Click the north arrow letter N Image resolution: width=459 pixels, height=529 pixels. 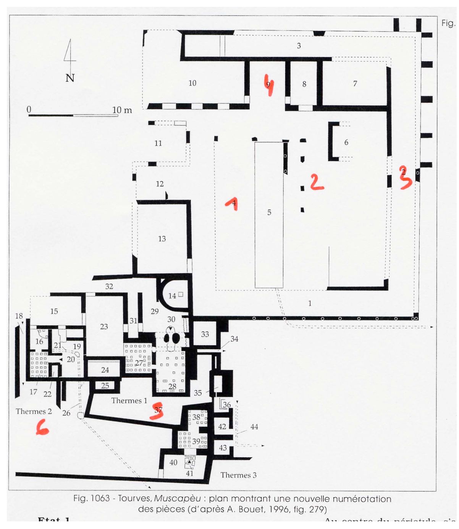click(70, 78)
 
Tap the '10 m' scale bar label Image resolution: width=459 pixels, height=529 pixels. click(122, 110)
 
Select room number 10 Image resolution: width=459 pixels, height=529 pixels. click(192, 83)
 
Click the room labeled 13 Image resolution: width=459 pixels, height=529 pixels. click(162, 239)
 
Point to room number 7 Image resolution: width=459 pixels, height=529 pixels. click(355, 83)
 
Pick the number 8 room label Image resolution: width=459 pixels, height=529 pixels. click(304, 84)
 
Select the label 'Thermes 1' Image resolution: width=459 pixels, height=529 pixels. click(129, 401)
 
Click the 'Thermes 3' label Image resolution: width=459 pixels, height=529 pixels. click(238, 475)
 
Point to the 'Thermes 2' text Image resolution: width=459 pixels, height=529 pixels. click(34, 411)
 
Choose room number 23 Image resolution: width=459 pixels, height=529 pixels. click(104, 327)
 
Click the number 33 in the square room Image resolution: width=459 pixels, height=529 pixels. click(205, 334)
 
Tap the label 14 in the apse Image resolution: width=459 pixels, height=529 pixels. click(172, 296)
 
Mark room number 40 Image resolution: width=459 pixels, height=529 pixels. click(173, 462)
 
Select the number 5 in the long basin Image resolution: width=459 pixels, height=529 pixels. click(269, 213)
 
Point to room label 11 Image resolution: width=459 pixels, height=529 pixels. click(158, 143)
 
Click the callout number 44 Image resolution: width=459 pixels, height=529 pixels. click(254, 427)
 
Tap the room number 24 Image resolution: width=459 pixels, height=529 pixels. click(105, 370)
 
